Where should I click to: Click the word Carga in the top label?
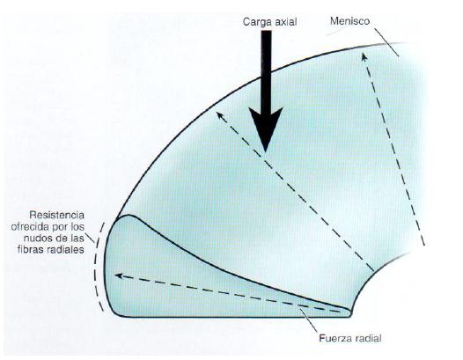point(255,22)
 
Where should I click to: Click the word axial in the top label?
point(283,21)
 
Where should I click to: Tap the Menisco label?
point(350,21)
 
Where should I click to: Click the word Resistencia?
point(56,215)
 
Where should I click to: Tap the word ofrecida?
point(30,227)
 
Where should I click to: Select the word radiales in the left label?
point(65,250)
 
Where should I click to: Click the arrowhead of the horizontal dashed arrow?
point(119,276)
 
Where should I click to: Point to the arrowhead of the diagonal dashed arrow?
point(220,116)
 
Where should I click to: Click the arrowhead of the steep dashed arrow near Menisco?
point(364,57)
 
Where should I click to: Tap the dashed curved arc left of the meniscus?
point(95,266)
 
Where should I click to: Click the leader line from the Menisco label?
point(386,42)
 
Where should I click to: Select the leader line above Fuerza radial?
point(308,320)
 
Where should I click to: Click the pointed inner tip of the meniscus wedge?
point(351,312)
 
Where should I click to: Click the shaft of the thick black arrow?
point(267,70)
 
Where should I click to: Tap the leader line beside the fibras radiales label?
point(90,239)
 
